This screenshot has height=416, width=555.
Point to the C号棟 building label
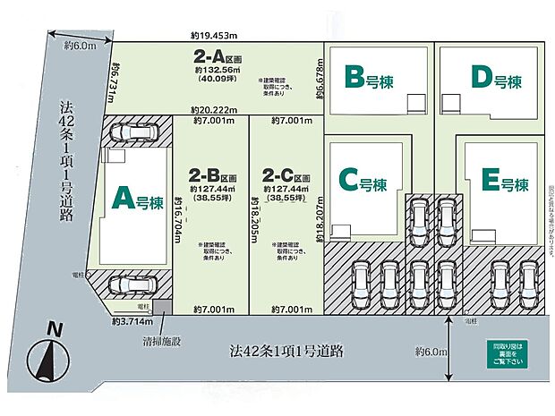[363, 183]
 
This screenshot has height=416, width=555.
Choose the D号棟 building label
[493, 81]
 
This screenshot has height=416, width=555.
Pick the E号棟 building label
[495, 184]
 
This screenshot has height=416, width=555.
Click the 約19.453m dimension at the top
[213, 36]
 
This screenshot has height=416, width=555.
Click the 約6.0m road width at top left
[80, 46]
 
